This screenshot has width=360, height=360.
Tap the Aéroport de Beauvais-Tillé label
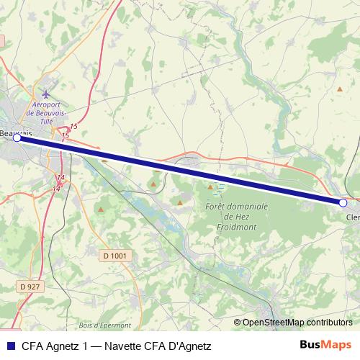point(48,113)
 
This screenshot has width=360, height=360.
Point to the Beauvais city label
point(16,133)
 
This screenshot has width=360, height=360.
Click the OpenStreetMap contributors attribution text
point(297,323)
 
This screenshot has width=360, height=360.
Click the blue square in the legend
point(9,346)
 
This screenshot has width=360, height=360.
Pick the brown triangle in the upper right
point(340,89)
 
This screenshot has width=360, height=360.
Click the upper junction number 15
point(74,127)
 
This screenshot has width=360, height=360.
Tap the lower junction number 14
point(56,188)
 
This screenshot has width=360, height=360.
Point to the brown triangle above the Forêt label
point(210,187)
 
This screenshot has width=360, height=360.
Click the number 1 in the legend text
point(86,346)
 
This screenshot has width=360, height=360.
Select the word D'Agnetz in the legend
point(189,346)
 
